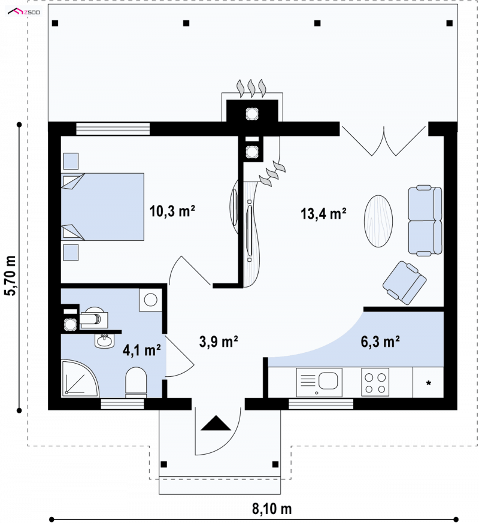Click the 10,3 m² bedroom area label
[x=172, y=211]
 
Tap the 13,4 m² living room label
[x=323, y=213]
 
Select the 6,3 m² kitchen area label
[x=380, y=342]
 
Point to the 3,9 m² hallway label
[x=219, y=342]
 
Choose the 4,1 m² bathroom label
[x=142, y=350]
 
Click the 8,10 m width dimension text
[x=272, y=509]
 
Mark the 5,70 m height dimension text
[x=10, y=276]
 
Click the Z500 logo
[x=24, y=13]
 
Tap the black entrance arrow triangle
[x=216, y=423]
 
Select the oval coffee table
[x=378, y=221]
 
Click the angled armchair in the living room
[x=404, y=283]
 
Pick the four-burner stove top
[x=375, y=382]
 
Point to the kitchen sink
[x=319, y=383]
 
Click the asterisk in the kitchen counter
[x=428, y=383]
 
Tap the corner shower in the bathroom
[x=80, y=378]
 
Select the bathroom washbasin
[x=104, y=341]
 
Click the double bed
[x=102, y=207]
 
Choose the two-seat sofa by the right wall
[x=425, y=220]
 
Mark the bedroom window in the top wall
[x=113, y=129]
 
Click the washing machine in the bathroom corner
[x=151, y=300]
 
